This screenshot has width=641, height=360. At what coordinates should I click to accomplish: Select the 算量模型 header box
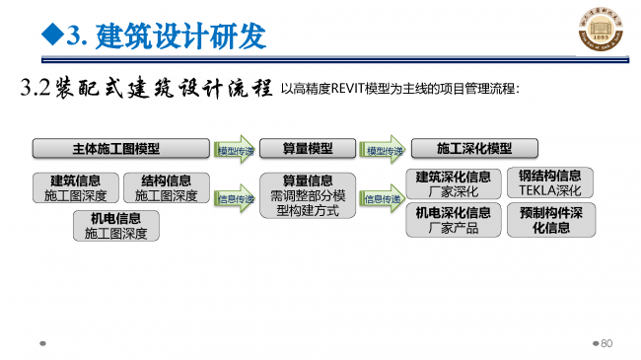tap(308, 149)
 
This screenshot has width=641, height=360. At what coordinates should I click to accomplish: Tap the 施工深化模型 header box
tap(474, 149)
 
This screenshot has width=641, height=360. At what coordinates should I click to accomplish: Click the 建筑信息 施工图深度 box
tap(75, 188)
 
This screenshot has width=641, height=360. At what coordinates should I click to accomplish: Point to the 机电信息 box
tap(115, 226)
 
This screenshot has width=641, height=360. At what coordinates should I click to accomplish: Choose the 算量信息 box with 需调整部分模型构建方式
tap(308, 195)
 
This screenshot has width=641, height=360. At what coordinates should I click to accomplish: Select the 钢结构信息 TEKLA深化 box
tap(549, 183)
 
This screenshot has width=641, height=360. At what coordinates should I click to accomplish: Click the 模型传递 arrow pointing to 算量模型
tap(237, 150)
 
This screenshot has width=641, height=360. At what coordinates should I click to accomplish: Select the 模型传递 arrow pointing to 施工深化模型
tap(384, 150)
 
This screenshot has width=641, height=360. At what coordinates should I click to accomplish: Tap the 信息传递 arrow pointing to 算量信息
tap(237, 198)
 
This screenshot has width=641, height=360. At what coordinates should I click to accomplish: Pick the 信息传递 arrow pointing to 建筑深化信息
tap(384, 198)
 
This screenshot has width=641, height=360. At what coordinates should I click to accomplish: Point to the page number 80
tap(606, 344)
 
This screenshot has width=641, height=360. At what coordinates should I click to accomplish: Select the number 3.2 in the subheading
tap(36, 88)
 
